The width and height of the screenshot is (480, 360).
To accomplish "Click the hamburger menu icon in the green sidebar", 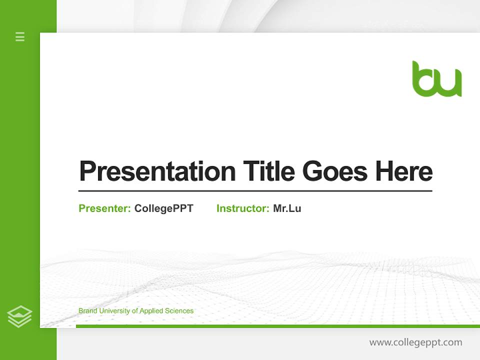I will pos(20,36).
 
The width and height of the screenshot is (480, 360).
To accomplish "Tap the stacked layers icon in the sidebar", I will pos(19,316).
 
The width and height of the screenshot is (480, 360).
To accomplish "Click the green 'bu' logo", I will pos(436,79).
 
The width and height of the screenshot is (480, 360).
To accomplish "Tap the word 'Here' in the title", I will pos(404,171).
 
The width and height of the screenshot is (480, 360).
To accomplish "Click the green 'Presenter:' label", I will pos(105,208).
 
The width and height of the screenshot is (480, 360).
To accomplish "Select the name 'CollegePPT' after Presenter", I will pos(164,208).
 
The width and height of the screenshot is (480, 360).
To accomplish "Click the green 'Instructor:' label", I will pos(243,208).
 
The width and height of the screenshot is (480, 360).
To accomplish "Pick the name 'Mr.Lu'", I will pos(287,208).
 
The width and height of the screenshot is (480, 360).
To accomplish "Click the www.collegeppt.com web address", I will pos(415,342).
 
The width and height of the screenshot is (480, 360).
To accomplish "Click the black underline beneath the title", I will pos(255,191).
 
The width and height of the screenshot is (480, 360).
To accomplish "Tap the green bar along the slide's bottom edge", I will pos(277,326).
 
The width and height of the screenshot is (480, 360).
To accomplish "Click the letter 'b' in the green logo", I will pos(423,80).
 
